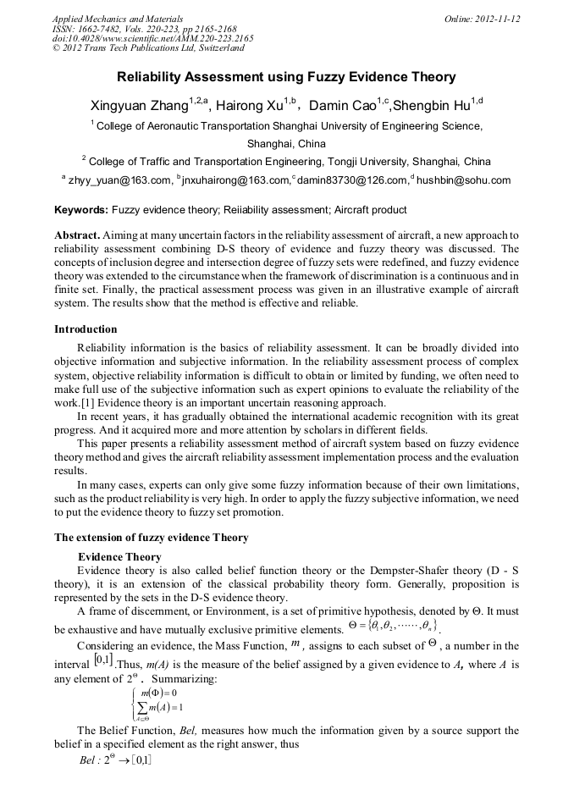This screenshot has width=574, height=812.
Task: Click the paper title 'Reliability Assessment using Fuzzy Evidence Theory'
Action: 286,77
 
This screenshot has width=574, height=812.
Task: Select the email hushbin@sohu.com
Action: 464,180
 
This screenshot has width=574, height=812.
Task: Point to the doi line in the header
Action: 152,39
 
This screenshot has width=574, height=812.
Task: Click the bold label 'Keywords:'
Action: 81,210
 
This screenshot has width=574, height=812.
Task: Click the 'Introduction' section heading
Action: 86,329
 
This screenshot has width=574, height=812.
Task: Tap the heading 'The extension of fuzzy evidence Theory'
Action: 151,538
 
